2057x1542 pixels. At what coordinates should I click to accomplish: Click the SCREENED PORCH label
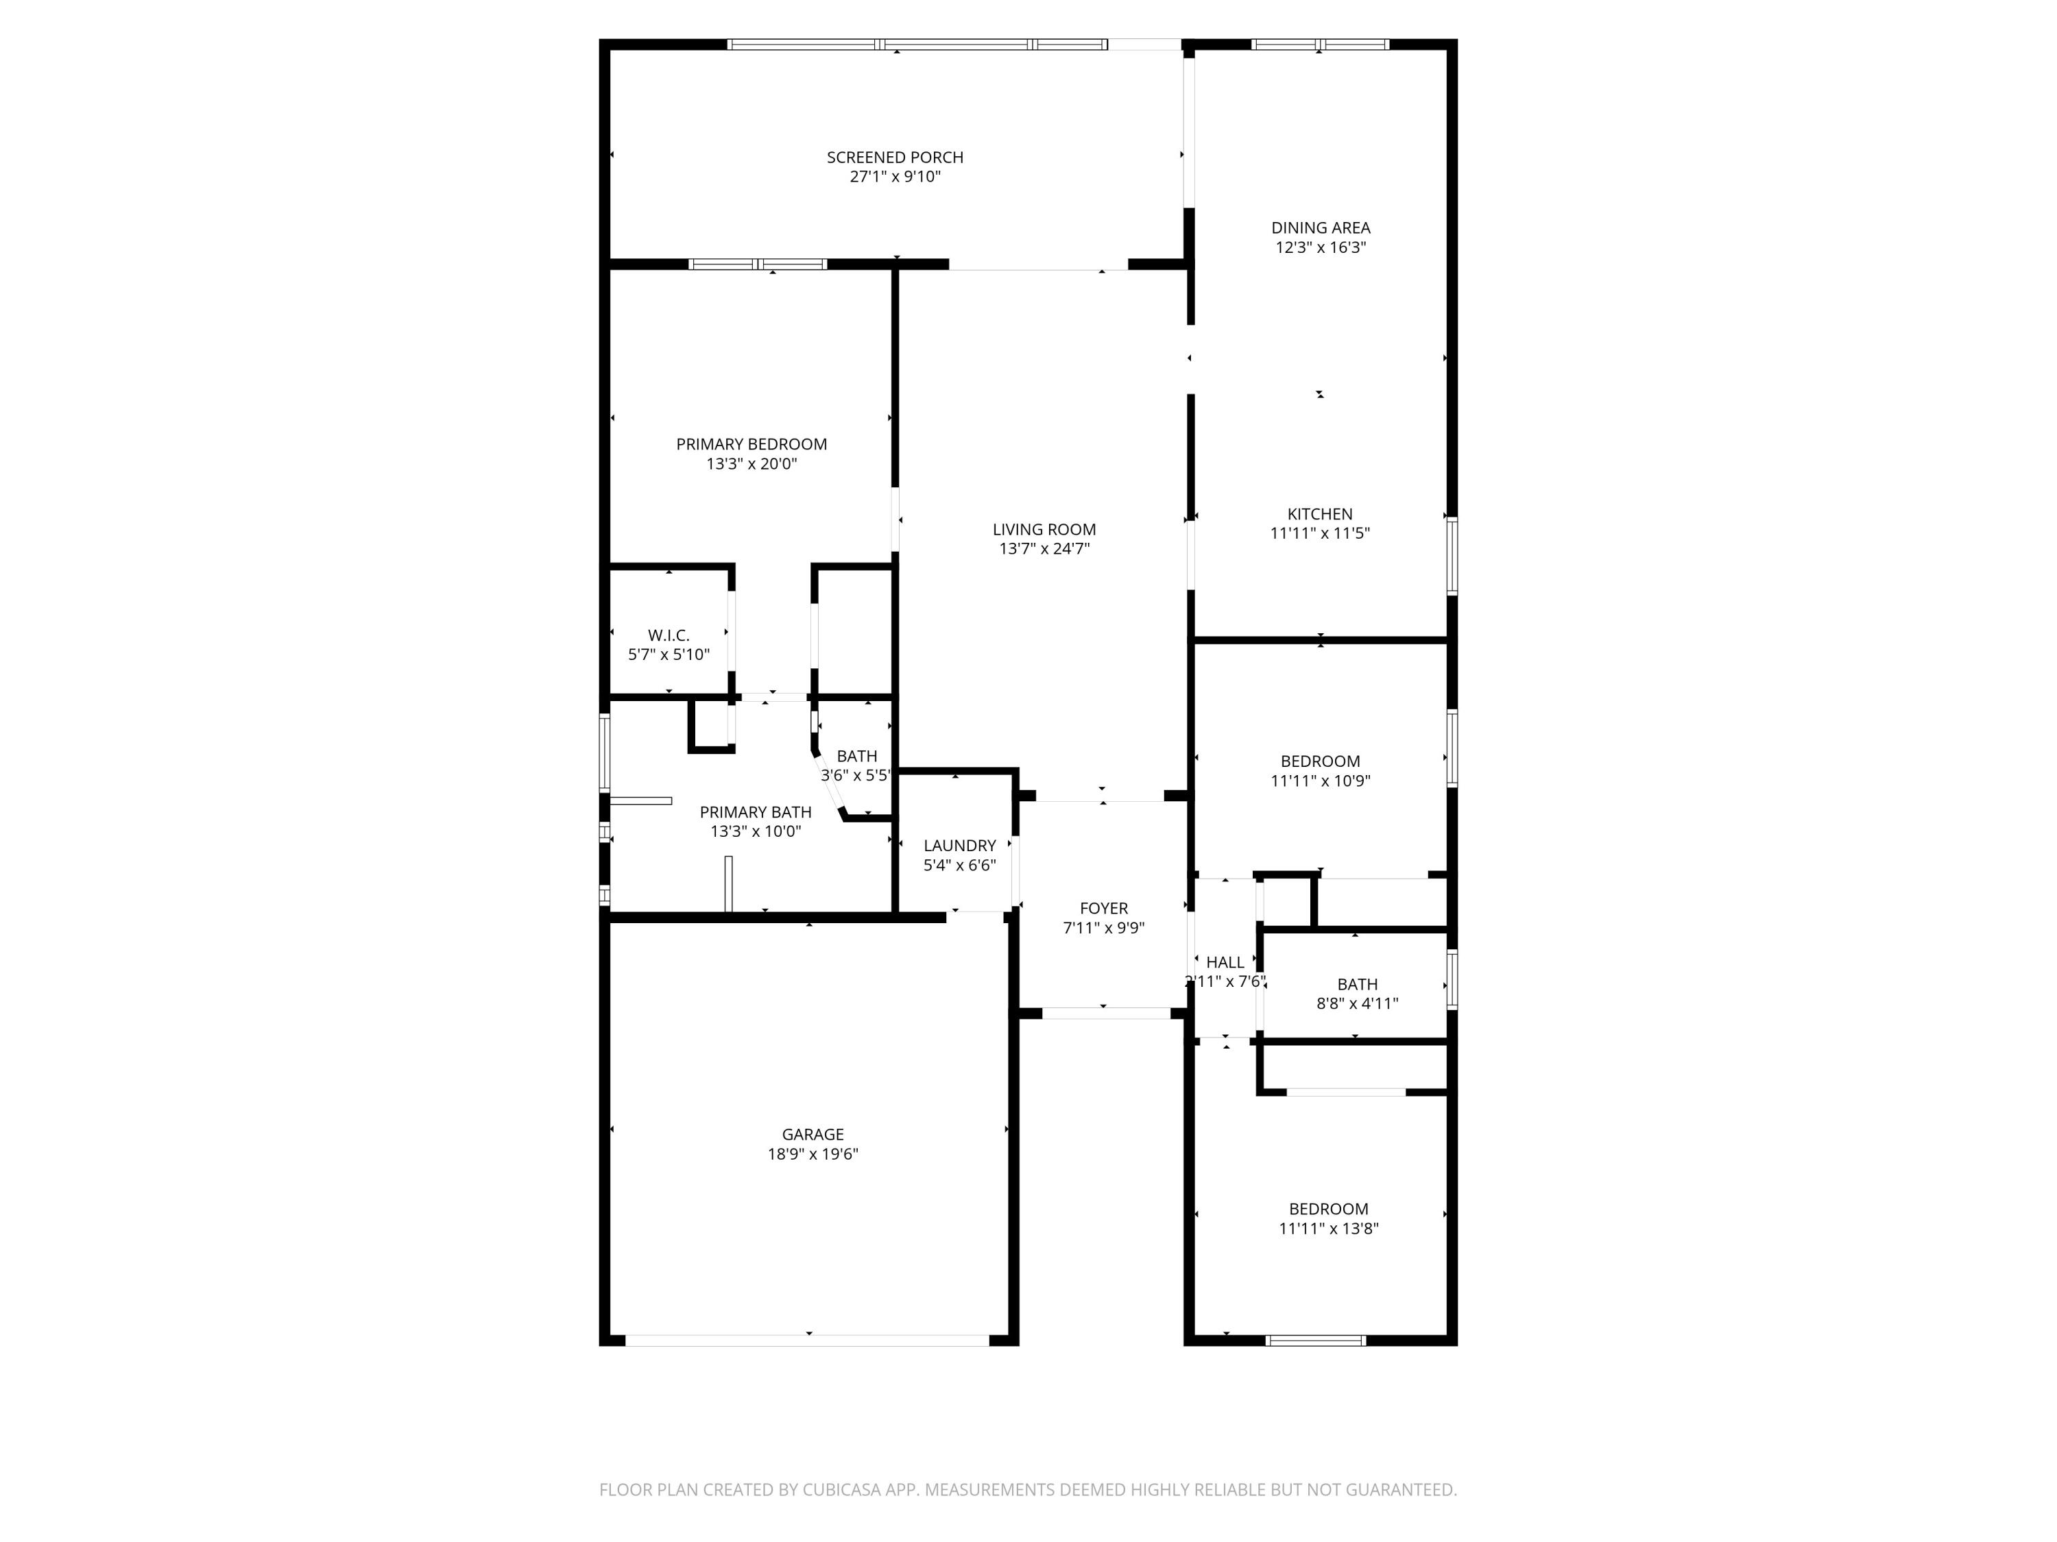895,157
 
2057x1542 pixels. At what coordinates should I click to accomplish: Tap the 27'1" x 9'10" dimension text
895,177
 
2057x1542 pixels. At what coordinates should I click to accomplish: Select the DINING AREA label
1321,228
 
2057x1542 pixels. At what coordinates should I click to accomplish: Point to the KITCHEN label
1320,514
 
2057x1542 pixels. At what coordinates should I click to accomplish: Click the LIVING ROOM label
1044,530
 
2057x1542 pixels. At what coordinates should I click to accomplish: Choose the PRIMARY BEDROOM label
751,444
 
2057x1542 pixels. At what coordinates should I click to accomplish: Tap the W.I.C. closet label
669,636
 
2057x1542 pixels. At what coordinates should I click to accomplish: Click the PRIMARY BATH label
755,812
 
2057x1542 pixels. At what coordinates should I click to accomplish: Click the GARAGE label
813,1134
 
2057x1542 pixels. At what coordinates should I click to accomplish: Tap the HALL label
1225,963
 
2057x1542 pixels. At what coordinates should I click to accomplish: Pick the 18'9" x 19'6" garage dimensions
813,1154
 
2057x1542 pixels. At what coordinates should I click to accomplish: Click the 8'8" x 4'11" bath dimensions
1357,1004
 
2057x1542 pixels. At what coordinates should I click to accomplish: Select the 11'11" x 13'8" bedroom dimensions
1328,1229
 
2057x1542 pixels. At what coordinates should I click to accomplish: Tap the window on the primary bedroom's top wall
758,264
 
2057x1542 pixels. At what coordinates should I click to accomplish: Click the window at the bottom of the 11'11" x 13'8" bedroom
1316,1341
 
